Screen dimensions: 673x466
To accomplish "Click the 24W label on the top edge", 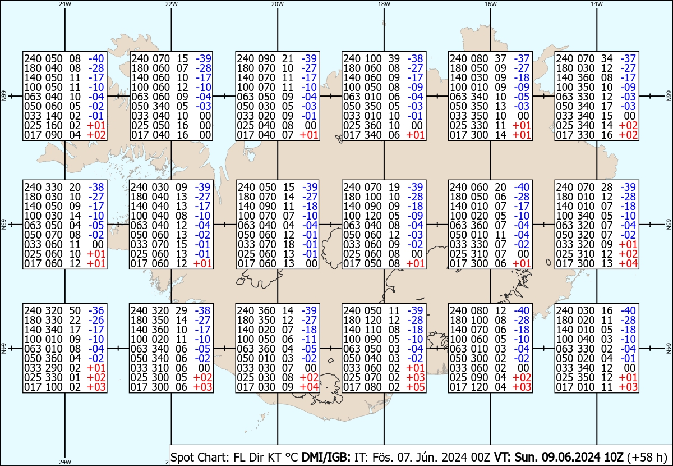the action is [65, 4].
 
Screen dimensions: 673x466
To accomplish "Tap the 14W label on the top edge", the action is [597, 4].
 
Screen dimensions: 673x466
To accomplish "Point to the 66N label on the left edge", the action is [3, 96].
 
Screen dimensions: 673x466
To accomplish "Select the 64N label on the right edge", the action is [669, 348].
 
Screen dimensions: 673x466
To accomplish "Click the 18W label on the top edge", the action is [384, 4].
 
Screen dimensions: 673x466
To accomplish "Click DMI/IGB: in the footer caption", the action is [326, 457].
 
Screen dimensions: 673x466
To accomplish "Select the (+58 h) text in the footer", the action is [647, 457].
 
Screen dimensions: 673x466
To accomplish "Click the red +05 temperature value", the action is [415, 387].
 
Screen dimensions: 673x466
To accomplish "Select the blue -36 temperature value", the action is [96, 310].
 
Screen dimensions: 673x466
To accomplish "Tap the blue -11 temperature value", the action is [309, 339].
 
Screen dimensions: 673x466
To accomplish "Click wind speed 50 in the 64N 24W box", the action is [75, 310].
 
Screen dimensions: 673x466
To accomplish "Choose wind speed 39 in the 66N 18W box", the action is [394, 58].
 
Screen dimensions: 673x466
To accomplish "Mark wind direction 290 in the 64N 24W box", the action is [54, 368].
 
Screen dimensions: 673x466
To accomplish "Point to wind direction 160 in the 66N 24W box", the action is [54, 125].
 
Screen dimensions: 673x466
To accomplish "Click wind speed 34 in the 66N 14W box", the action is [607, 58].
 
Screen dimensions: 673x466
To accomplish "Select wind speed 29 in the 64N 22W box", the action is [182, 310].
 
